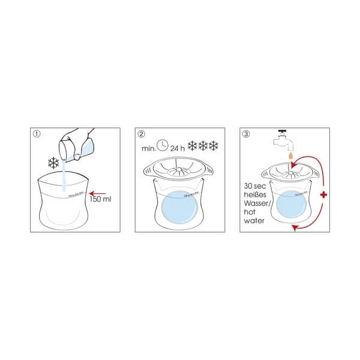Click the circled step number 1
click(x=37, y=134)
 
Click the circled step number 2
click(x=142, y=134)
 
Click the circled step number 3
click(x=246, y=134)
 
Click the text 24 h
click(x=178, y=146)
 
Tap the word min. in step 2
click(x=148, y=146)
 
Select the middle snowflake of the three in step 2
click(x=203, y=145)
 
